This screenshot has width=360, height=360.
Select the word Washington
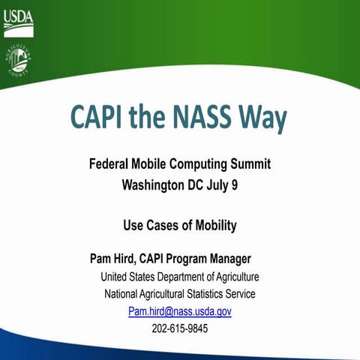(155, 182)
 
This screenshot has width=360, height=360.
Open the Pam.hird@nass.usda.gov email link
(179, 310)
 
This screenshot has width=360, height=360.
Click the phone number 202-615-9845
(179, 328)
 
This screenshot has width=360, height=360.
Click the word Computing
(197, 163)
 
